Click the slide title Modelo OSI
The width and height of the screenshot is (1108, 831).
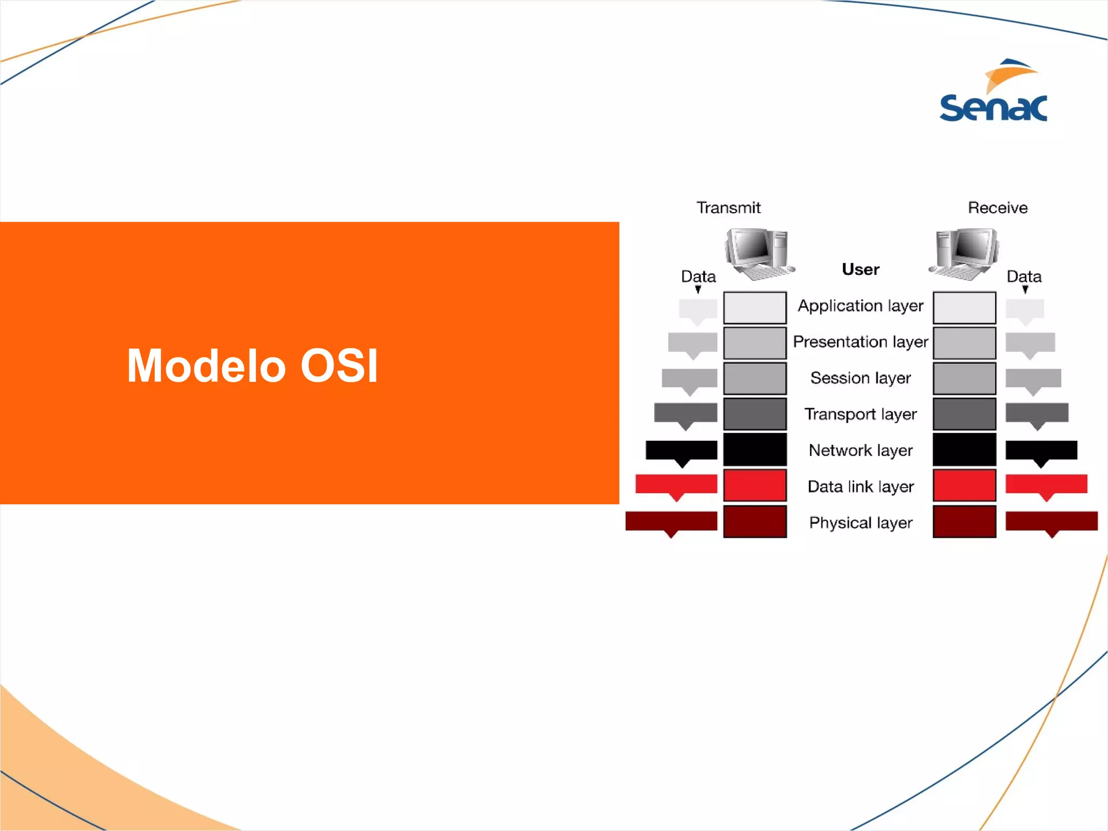(252, 366)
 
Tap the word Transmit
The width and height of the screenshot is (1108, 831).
(728, 208)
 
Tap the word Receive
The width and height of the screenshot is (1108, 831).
(998, 208)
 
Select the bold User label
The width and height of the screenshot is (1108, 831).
(860, 269)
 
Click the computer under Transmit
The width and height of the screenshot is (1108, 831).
(759, 253)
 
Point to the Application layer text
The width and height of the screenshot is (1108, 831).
(860, 306)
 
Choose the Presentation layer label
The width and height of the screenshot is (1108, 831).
(860, 342)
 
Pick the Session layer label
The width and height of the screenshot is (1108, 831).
(860, 378)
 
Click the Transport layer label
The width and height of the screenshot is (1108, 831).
(860, 414)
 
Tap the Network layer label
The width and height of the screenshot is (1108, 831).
(860, 451)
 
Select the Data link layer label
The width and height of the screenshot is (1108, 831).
(860, 487)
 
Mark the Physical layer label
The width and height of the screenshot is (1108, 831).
(860, 523)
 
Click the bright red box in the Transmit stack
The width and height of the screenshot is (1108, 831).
(755, 485)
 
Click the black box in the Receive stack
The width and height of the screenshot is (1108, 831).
(964, 449)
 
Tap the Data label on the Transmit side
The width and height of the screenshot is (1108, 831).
(698, 276)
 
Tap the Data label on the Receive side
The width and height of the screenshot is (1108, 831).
(1024, 276)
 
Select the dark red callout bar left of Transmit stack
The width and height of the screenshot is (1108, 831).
(671, 521)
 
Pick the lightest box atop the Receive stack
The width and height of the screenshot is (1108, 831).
(964, 307)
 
